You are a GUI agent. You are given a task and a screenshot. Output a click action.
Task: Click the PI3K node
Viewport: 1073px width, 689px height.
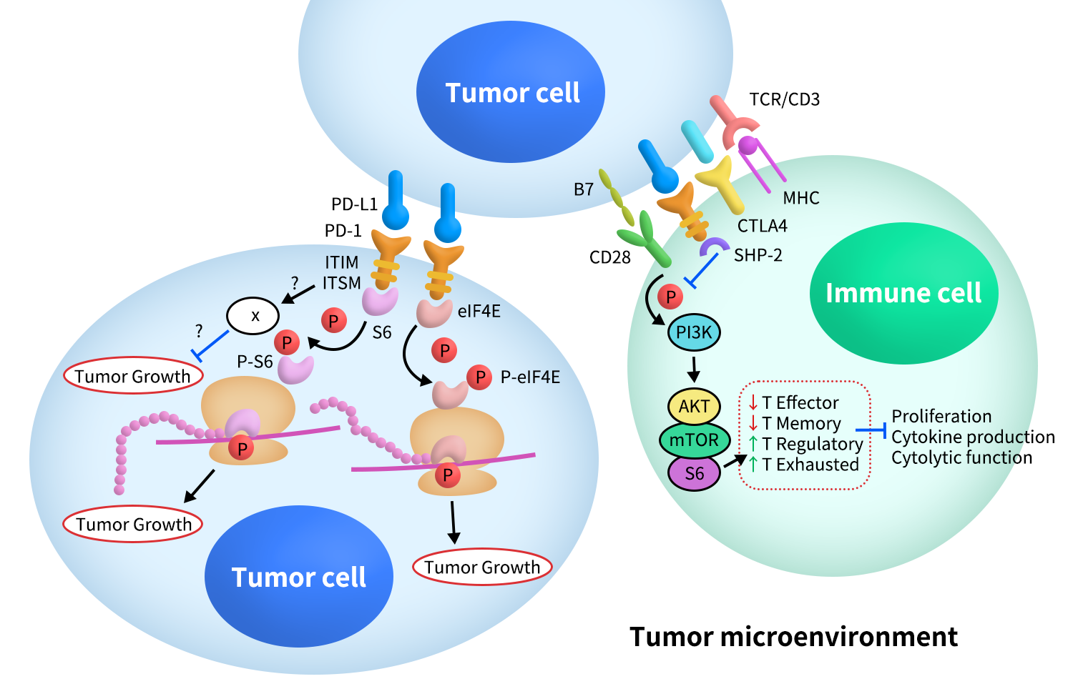[x=693, y=332]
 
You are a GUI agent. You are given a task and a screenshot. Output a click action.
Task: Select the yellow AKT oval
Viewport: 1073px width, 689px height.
[x=693, y=407]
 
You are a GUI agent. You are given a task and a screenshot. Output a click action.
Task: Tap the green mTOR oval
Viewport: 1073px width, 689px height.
[x=693, y=440]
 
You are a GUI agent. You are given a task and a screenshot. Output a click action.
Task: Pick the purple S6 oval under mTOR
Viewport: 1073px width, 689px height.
[x=693, y=473]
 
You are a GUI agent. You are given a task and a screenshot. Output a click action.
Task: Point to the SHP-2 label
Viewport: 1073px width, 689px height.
[x=758, y=255]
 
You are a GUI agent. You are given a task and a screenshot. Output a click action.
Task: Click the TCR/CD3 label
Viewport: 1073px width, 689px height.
[x=784, y=99]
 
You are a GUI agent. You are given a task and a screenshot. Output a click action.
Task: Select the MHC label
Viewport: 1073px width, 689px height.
[x=800, y=198]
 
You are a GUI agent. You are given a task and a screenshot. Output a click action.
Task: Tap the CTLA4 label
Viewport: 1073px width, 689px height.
[x=762, y=226]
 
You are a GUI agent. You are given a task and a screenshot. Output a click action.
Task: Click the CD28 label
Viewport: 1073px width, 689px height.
[x=609, y=257]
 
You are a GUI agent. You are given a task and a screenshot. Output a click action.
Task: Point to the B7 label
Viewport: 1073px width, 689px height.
[x=583, y=189]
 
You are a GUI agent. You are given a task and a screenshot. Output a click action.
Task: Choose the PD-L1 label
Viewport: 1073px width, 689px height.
[x=354, y=204]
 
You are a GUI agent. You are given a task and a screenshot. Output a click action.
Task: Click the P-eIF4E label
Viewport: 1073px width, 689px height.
[x=529, y=377]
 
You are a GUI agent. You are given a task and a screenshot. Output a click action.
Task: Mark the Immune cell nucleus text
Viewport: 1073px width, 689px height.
[x=903, y=293]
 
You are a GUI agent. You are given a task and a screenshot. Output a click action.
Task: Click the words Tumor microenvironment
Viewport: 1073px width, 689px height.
[x=793, y=636]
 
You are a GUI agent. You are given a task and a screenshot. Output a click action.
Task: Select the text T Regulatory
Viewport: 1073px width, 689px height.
[x=812, y=444]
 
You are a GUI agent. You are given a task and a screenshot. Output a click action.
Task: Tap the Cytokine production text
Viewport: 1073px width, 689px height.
[x=973, y=437]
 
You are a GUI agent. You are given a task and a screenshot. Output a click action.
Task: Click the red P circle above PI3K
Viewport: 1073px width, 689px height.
[x=670, y=296]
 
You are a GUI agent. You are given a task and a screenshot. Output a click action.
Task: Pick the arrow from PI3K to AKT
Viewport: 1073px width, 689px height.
[x=693, y=370]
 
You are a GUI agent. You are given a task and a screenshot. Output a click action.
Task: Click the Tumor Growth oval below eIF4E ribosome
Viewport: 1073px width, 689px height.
[x=481, y=567]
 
